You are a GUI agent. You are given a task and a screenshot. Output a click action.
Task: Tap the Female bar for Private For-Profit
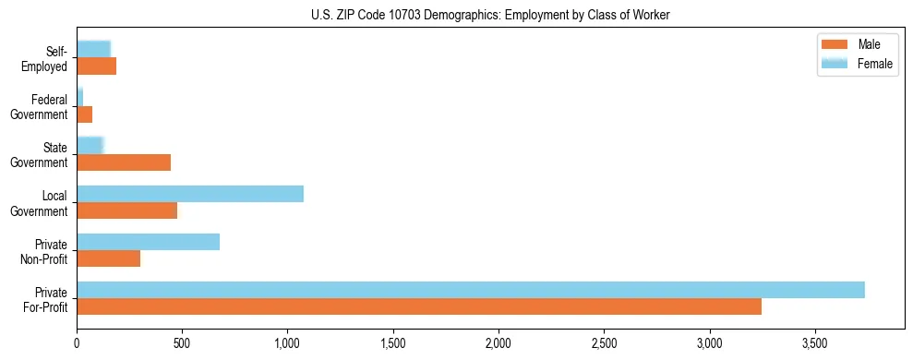[x=471, y=290]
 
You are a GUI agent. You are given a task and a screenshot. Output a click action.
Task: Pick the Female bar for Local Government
[x=190, y=194]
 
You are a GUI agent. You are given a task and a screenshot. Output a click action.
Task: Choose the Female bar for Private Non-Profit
[x=148, y=242]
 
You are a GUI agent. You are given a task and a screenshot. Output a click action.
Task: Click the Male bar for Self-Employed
[x=96, y=66]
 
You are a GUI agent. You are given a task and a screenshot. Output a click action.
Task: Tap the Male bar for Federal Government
[x=84, y=114]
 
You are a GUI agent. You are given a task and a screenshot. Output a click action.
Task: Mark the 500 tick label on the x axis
[x=182, y=342]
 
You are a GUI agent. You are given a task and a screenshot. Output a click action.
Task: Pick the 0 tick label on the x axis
[x=77, y=342]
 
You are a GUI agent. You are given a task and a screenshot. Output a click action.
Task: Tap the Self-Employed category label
[x=47, y=59]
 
